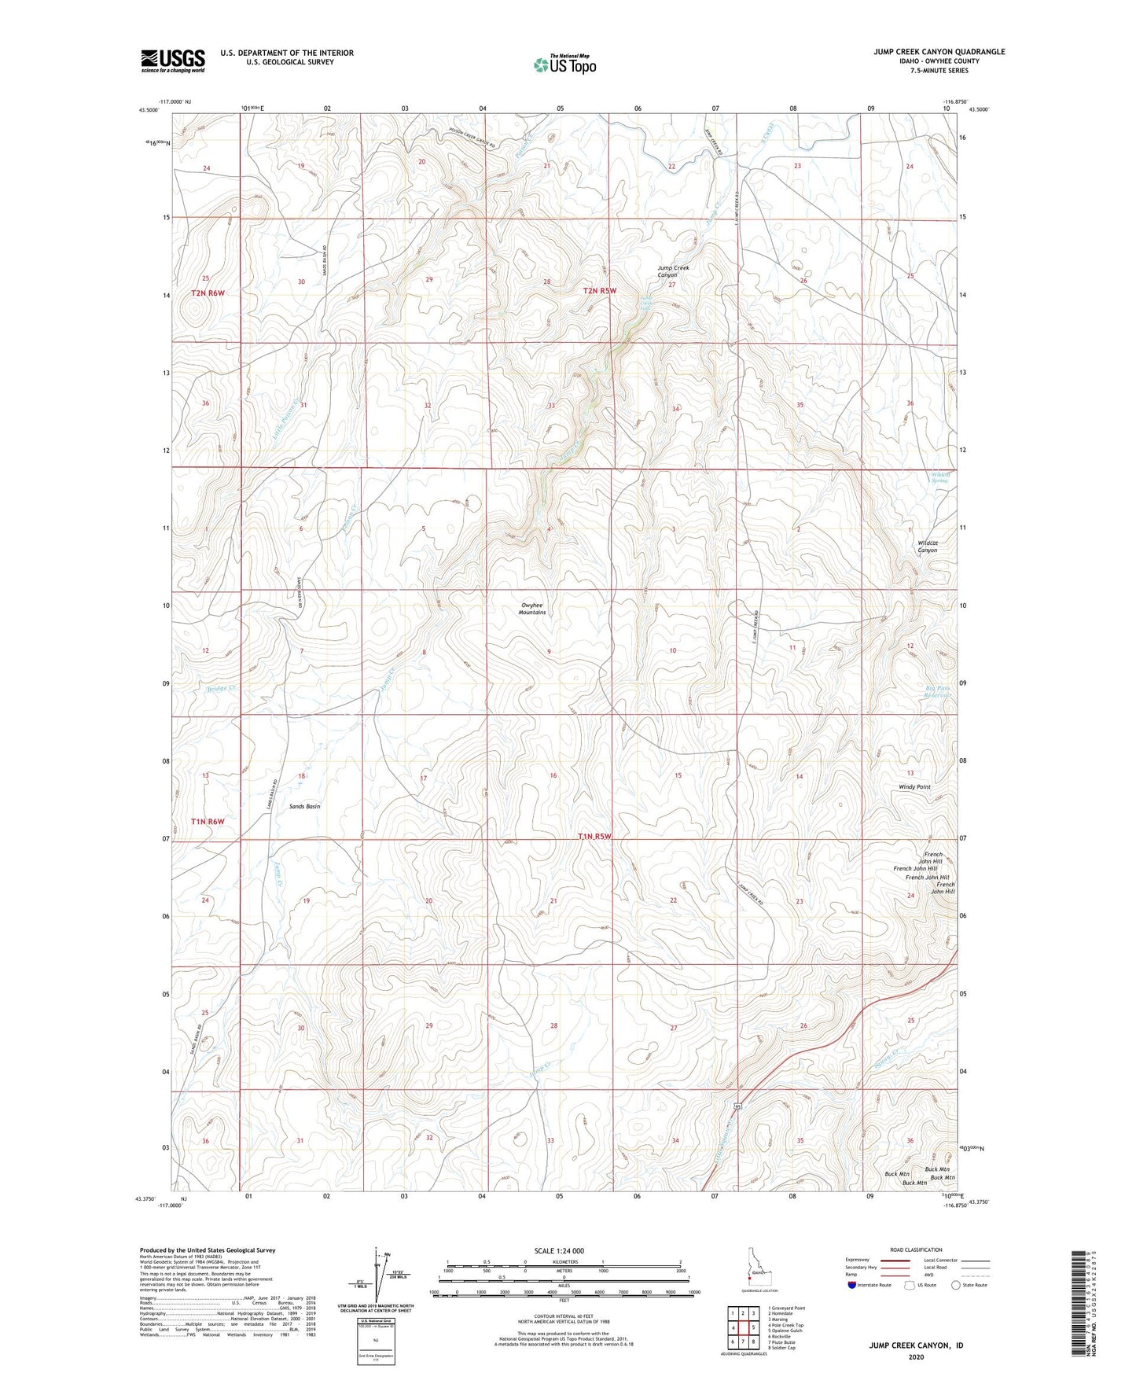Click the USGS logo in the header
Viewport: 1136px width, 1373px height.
(173, 61)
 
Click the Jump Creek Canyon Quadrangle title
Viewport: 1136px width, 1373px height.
(939, 52)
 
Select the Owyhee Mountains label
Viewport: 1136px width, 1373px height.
(532, 609)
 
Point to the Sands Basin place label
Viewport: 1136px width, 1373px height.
(305, 807)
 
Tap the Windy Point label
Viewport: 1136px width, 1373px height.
(914, 787)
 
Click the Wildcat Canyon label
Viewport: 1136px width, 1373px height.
(927, 547)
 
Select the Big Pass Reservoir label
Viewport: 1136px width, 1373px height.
(938, 692)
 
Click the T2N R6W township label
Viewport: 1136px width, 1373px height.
(208, 293)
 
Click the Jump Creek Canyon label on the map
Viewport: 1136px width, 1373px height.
(673, 271)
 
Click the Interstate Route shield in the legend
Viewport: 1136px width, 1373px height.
(852, 1285)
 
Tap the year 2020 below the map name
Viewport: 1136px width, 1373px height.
(916, 1356)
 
